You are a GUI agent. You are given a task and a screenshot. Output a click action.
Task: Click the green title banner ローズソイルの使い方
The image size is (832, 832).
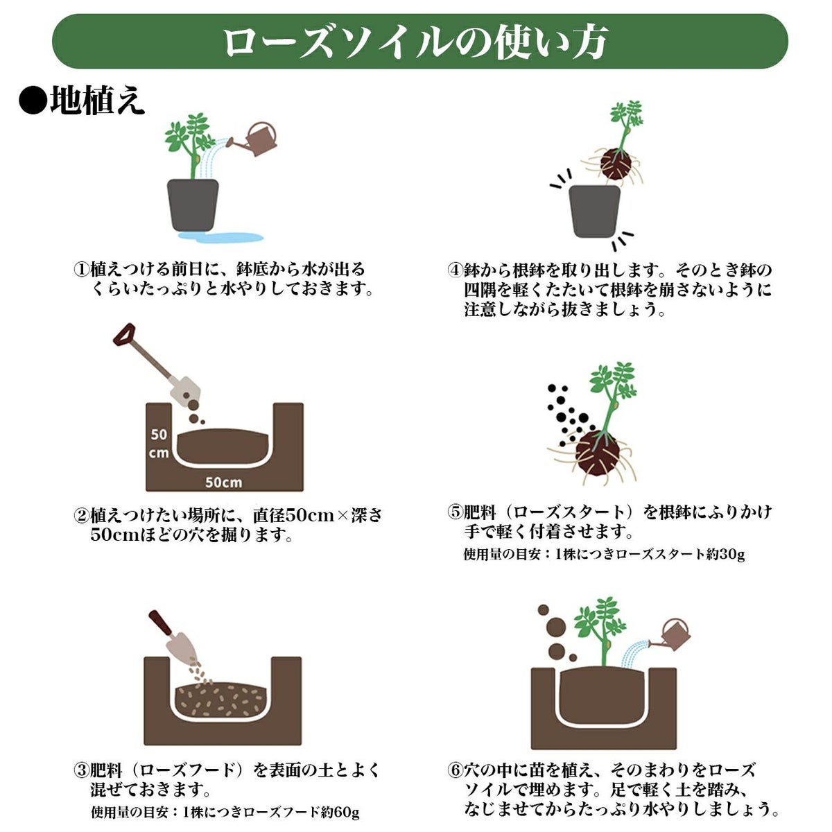click(419, 42)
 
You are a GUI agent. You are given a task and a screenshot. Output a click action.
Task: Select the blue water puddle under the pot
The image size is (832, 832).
click(220, 236)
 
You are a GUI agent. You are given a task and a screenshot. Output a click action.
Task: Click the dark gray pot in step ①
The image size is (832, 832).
click(193, 205)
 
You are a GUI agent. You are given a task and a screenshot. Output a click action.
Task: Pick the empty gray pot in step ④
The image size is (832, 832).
click(594, 211)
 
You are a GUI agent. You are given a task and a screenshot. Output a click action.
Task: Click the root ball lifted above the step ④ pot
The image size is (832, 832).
click(615, 165)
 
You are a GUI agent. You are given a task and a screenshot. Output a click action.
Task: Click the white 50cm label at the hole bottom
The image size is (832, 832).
click(223, 482)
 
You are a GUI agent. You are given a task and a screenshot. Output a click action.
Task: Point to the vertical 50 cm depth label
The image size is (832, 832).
click(159, 444)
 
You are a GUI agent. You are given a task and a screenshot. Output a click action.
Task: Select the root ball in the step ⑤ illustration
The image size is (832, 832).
click(597, 452)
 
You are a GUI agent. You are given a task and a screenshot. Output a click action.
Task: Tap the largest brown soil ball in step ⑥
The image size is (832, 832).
click(556, 627)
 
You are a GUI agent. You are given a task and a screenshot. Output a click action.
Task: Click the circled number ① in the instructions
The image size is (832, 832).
click(81, 269)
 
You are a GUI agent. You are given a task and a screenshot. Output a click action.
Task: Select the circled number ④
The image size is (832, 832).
click(455, 270)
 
